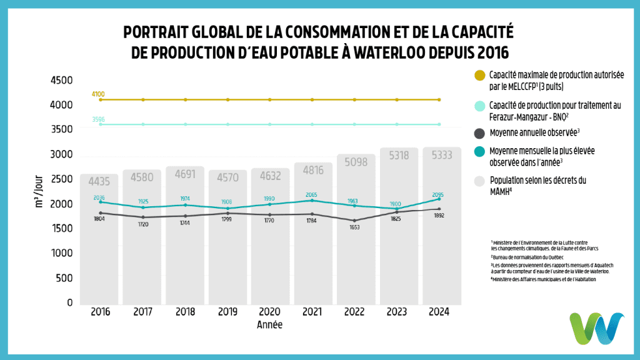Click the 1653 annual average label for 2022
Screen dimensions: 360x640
point(354,227)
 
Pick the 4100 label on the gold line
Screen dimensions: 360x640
point(98,94)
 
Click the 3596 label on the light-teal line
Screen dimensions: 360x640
point(98,119)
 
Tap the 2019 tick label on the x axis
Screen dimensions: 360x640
point(227,312)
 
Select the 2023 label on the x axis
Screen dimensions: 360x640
point(397,312)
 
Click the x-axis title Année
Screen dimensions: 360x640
point(269,325)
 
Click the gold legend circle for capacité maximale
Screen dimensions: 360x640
point(480,76)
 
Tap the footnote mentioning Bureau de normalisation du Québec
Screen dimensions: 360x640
point(527,257)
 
